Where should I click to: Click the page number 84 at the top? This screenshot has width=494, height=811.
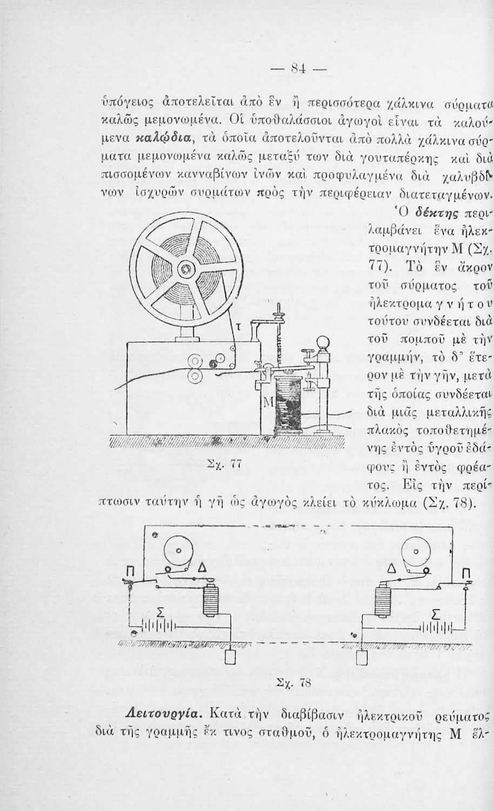[x=298, y=68]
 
